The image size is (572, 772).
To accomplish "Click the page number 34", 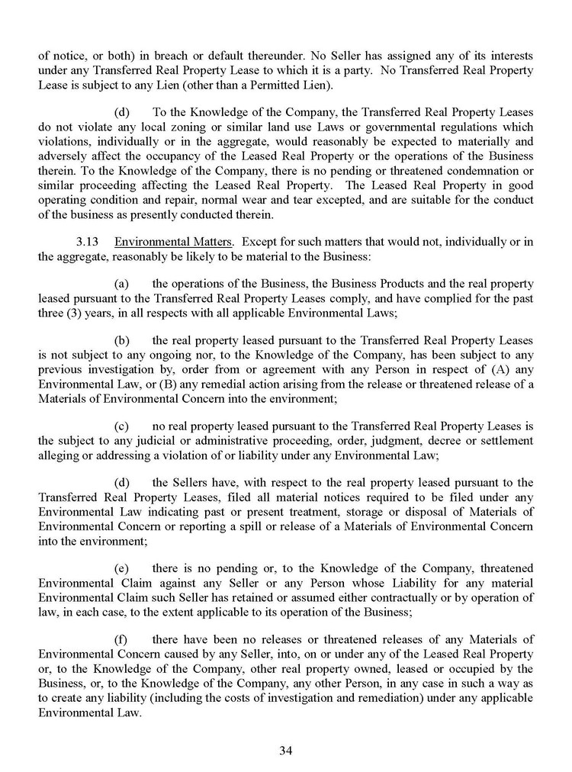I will click(286, 750).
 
